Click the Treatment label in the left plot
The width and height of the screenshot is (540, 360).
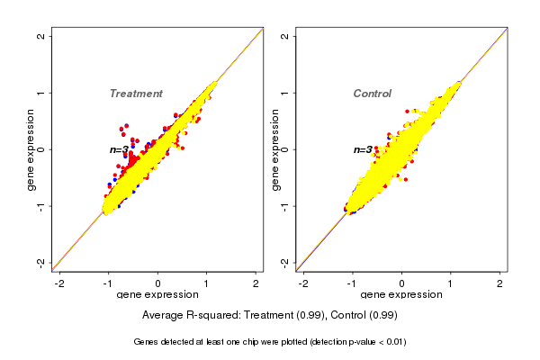[136, 94]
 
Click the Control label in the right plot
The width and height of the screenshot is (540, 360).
[372, 94]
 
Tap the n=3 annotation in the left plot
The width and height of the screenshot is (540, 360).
[120, 149]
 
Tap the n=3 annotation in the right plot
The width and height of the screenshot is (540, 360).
[363, 149]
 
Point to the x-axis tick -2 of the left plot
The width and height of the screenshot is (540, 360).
[60, 283]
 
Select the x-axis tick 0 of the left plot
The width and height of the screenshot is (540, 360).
[158, 283]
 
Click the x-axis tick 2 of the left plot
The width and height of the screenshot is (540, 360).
[256, 283]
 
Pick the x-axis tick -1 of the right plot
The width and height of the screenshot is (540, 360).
[353, 283]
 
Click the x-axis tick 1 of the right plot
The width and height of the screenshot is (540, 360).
[452, 283]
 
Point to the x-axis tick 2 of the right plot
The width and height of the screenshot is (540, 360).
[500, 283]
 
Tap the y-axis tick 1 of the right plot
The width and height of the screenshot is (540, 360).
[285, 93]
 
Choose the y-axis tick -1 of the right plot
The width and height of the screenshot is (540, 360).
[285, 205]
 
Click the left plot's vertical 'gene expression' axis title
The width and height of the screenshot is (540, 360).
[31, 149]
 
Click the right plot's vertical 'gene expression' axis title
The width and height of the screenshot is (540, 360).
[274, 149]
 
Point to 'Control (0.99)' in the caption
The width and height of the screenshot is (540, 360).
[363, 316]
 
